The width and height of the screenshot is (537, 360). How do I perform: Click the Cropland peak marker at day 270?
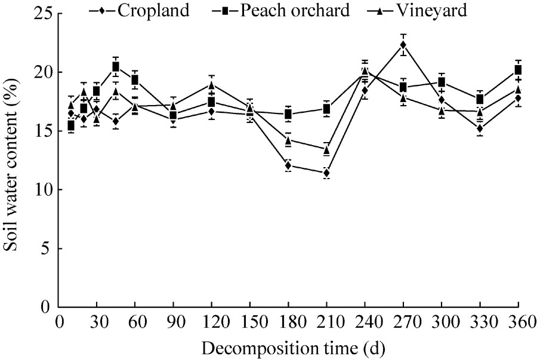403,45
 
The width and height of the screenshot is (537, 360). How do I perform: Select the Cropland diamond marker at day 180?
288,165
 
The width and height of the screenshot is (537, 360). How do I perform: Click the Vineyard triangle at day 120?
211,84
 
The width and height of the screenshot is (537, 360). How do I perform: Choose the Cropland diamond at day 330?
480,128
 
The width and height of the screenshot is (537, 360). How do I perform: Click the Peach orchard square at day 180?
288,114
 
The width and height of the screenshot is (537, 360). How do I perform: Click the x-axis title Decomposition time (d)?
289,347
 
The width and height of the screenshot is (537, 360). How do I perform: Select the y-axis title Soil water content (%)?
11,160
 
